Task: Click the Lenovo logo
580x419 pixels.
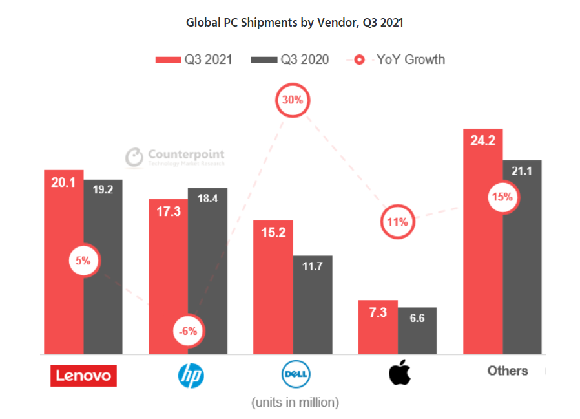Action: point(83,375)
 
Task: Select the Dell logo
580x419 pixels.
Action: point(296,374)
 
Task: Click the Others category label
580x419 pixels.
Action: point(507,371)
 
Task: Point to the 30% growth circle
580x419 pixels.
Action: point(293,100)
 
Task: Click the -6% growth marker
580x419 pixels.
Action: point(189,331)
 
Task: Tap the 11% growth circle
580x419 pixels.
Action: point(397,222)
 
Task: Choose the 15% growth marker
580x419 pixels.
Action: point(502,197)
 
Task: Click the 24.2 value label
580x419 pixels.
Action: point(482,140)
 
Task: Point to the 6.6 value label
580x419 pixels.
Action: point(417,318)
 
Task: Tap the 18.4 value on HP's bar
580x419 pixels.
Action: point(207,199)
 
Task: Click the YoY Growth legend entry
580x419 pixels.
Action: point(400,59)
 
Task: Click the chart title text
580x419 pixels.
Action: point(295,23)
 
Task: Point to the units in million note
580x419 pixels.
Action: point(295,402)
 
